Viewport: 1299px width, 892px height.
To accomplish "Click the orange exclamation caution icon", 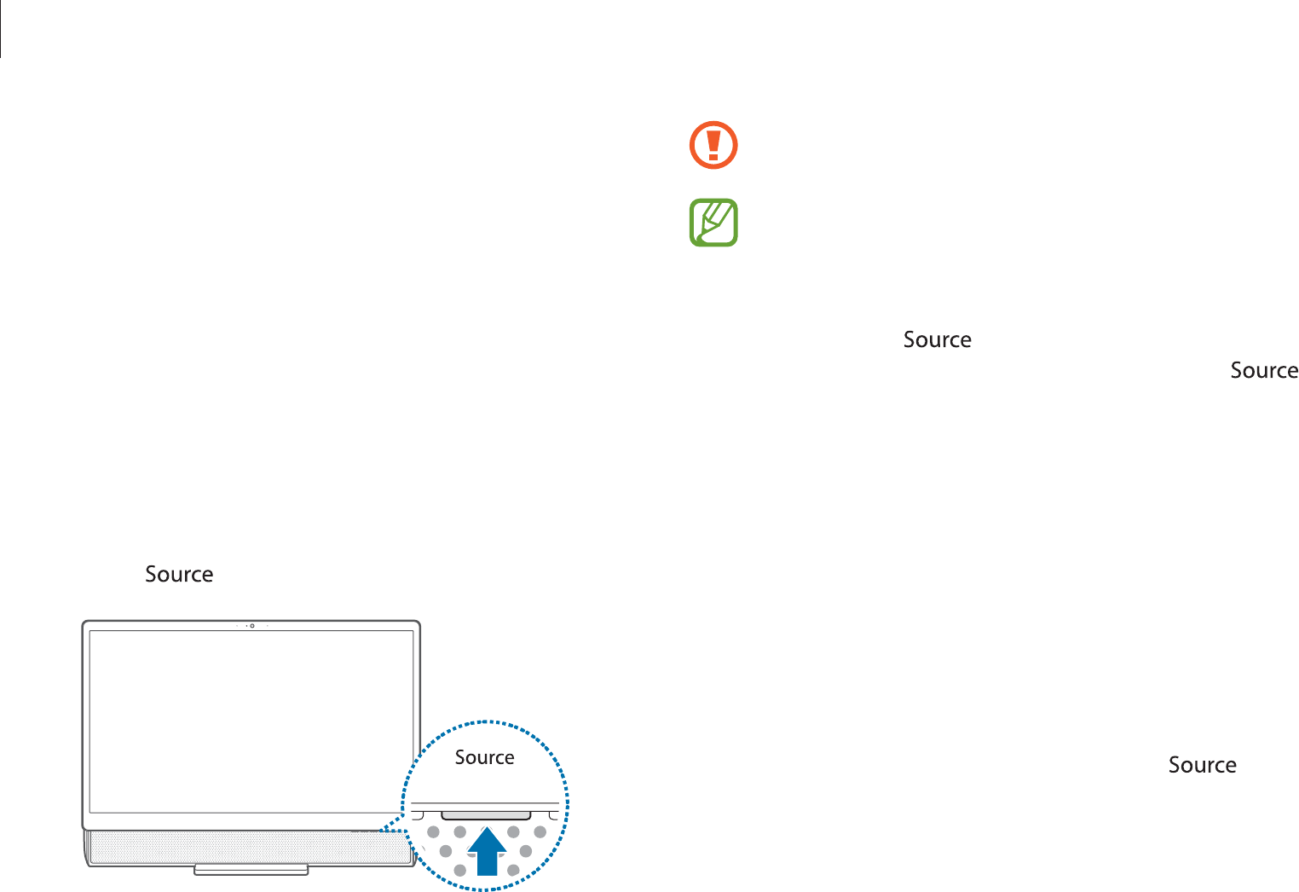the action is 713,145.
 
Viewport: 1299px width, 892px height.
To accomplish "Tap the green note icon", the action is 713,223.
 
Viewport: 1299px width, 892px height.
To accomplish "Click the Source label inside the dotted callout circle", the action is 484,757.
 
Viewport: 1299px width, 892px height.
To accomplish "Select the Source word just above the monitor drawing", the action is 179,574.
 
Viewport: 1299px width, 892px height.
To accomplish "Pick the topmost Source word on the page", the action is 937,339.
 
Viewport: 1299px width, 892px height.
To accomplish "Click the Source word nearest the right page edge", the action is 1264,370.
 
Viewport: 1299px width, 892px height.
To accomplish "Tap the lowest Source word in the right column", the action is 1202,765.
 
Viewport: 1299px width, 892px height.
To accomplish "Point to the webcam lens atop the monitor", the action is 251,626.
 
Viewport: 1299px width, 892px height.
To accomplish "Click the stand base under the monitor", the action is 251,870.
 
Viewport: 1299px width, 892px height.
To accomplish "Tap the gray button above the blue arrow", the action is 486,815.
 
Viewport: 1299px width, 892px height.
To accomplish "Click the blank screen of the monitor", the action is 251,721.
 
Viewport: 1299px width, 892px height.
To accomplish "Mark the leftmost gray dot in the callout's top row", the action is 434,831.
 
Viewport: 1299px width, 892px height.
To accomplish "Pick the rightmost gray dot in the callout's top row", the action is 540,831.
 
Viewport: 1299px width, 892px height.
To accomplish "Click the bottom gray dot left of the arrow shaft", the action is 460,870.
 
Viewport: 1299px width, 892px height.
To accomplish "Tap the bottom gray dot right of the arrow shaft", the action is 513,870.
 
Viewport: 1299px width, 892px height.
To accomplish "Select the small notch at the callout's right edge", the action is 555,816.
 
